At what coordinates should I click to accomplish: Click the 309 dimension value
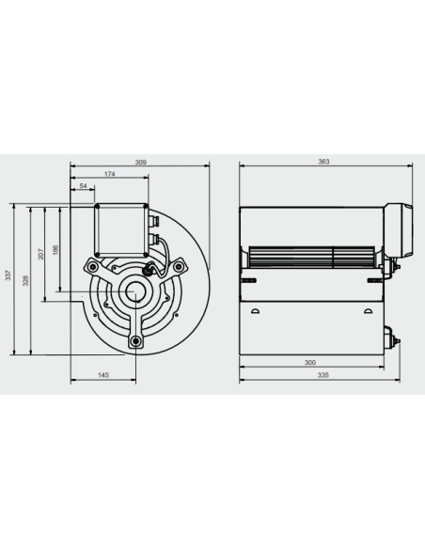coord(141,162)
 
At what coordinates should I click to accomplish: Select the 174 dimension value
coord(110,174)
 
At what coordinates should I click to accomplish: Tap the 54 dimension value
coord(83,185)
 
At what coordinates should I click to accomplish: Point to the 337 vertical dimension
coord(8,274)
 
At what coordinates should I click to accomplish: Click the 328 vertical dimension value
coord(25,280)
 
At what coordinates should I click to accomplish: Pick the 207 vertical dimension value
coord(41,254)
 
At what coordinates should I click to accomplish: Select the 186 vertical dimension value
coord(55,250)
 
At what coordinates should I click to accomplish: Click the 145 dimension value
coord(103,375)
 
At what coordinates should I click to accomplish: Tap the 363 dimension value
coord(323,162)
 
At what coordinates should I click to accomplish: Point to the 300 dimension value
coord(310,362)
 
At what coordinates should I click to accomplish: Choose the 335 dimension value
coord(323,375)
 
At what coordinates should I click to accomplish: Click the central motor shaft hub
coord(135,291)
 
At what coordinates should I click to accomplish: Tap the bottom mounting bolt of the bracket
coord(135,340)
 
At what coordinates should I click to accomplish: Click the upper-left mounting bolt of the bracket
coord(92,267)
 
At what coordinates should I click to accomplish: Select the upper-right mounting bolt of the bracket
coord(179,267)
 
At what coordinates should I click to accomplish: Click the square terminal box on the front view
coord(121,230)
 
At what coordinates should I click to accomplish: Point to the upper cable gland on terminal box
coord(154,221)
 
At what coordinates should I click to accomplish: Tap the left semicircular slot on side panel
coord(255,311)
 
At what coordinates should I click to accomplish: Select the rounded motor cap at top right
coord(399,230)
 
